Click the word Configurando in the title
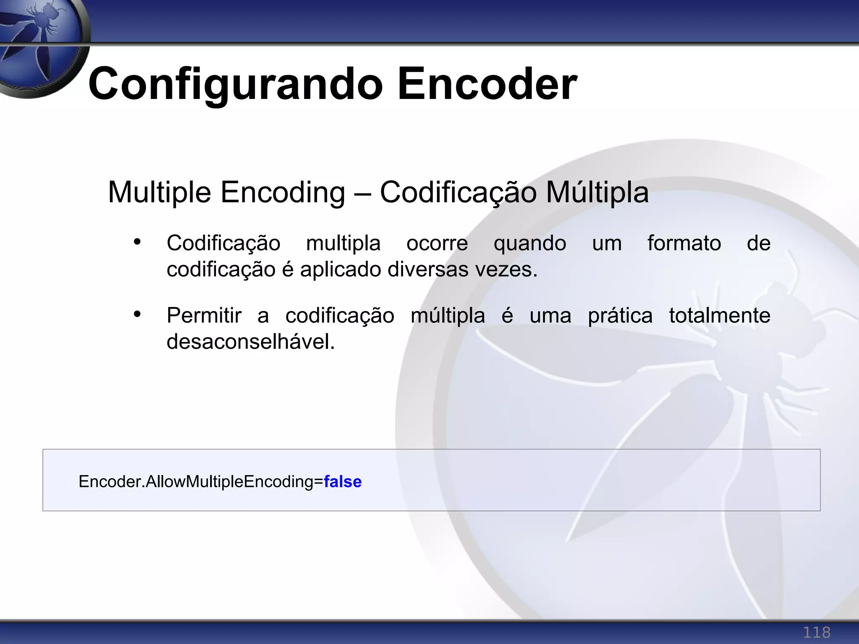[235, 84]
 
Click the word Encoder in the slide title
[487, 84]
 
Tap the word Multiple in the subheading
[159, 192]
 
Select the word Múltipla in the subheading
[597, 192]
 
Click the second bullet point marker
[137, 314]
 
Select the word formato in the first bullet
[684, 243]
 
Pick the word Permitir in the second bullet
[204, 316]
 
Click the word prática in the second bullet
[620, 316]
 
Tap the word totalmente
[720, 316]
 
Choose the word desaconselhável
[251, 342]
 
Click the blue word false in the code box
[343, 482]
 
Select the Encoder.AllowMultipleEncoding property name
[195, 482]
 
